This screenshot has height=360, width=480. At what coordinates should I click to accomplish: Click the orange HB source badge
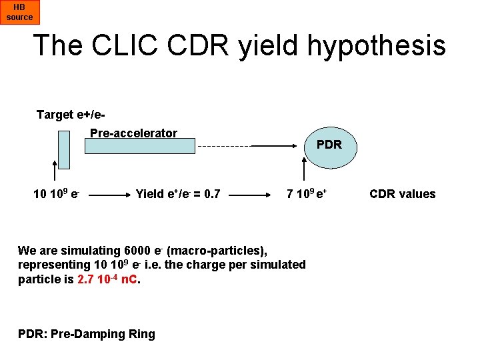[19, 12]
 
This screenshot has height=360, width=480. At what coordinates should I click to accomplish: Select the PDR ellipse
[329, 145]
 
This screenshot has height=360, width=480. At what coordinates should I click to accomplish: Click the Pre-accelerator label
[133, 133]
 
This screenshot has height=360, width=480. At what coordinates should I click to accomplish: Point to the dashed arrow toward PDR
[247, 145]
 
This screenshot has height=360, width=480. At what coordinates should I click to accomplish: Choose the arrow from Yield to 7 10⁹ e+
[250, 196]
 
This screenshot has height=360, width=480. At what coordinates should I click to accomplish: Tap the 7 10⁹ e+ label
[306, 194]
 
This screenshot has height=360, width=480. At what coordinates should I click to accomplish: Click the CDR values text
[402, 194]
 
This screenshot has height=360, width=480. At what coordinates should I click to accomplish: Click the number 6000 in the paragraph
[138, 251]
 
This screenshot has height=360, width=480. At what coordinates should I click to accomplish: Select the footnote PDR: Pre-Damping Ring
[86, 334]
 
